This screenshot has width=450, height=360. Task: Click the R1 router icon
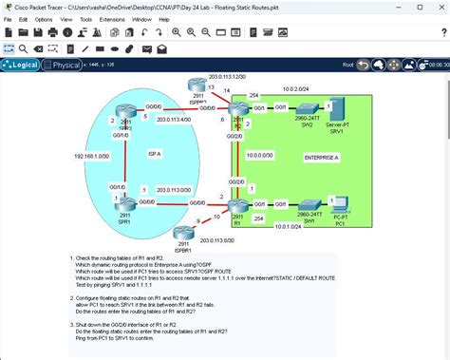[x=236, y=205]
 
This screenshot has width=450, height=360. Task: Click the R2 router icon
[x=236, y=112]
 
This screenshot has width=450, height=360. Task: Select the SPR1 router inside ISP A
[x=124, y=205]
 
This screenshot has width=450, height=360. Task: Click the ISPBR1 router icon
[x=183, y=235]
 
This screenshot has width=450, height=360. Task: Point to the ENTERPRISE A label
[x=322, y=156]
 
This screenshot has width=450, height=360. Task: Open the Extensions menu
[x=112, y=18]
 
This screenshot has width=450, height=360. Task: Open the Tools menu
[x=85, y=18]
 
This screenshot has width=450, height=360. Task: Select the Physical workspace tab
[x=65, y=65]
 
